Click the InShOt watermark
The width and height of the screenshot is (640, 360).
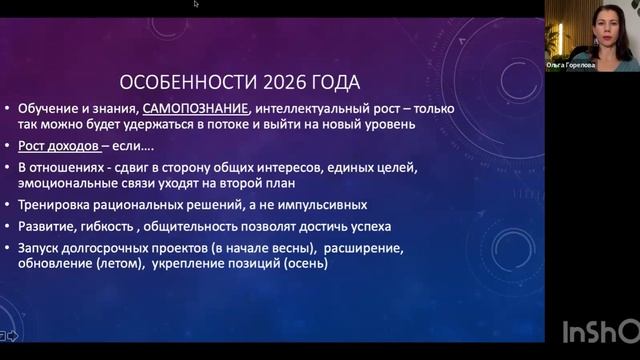599,331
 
